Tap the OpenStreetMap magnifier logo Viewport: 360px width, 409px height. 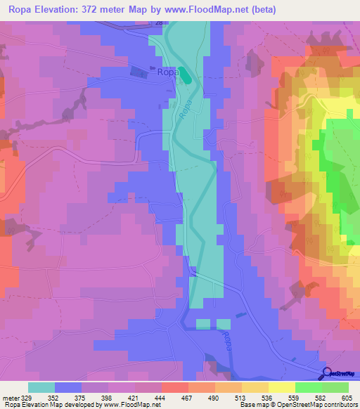pos(328,375)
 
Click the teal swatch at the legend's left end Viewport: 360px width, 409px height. pos(41,388)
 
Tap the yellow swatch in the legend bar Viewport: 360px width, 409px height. pos(281,388)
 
